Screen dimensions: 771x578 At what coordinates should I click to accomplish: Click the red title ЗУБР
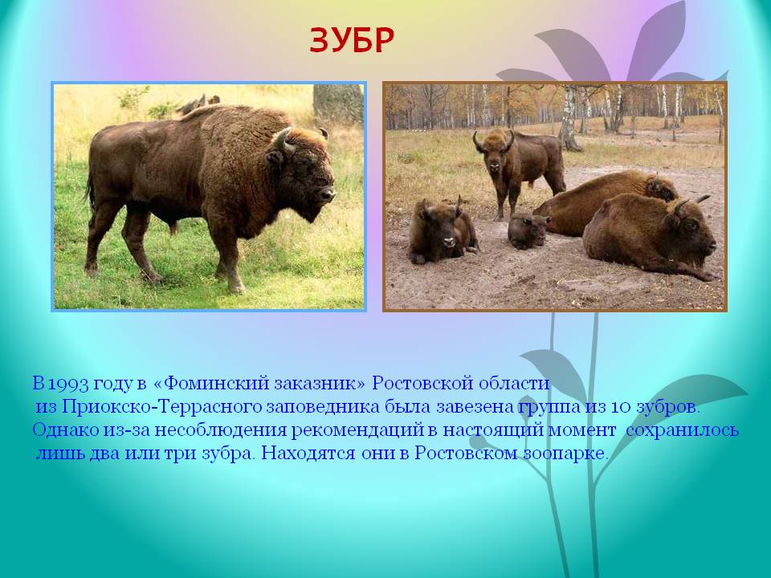352,40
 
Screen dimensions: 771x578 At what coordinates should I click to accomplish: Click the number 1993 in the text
69,384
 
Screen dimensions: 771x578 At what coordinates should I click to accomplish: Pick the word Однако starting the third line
66,429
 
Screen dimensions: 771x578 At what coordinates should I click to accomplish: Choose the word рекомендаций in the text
357,430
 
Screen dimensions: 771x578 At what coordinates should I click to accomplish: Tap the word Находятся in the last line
308,453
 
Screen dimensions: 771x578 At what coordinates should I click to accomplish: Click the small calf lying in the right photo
528,231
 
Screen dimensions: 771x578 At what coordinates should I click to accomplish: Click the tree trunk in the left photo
338,104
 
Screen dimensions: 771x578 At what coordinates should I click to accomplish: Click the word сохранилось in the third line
683,430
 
